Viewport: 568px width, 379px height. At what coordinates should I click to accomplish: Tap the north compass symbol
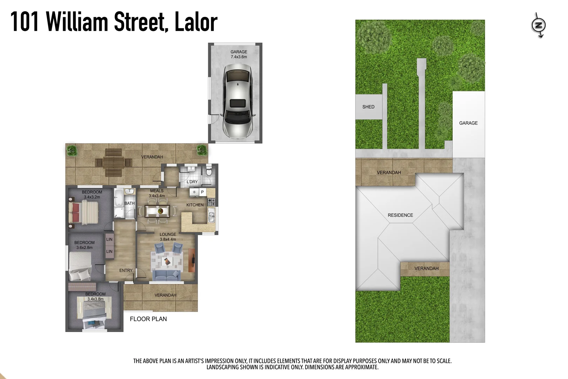(x=539, y=25)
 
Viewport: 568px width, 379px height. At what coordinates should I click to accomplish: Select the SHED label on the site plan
(x=368, y=107)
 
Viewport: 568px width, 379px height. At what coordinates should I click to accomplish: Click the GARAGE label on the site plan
(x=468, y=123)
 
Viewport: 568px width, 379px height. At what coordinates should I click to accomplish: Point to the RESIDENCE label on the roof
(x=400, y=215)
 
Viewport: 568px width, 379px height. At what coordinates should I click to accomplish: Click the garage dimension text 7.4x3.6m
(x=239, y=57)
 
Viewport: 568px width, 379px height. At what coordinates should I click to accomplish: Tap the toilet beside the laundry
(x=209, y=172)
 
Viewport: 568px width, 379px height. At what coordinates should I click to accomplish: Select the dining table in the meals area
(x=157, y=211)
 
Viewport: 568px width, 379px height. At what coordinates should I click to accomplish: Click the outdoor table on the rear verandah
(x=114, y=163)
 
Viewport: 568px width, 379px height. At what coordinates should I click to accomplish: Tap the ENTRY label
(x=126, y=271)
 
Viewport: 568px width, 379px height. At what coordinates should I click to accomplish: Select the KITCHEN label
(x=195, y=205)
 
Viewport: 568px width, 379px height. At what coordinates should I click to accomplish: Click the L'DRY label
(x=192, y=182)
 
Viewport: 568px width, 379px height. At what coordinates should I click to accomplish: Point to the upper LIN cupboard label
(x=109, y=239)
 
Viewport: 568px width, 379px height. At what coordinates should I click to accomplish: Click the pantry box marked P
(x=202, y=192)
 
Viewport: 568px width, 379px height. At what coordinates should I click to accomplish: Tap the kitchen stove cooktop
(x=211, y=202)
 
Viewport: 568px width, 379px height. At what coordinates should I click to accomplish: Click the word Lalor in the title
(x=196, y=22)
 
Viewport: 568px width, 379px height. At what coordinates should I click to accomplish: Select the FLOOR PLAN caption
(x=148, y=319)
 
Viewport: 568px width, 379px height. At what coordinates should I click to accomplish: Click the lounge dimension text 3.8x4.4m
(x=168, y=239)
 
